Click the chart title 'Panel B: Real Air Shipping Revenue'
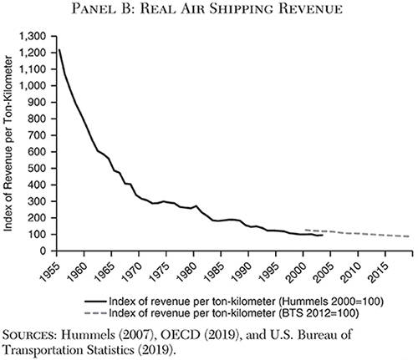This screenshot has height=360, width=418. (x=209, y=10)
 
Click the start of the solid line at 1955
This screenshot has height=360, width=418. (x=59, y=50)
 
